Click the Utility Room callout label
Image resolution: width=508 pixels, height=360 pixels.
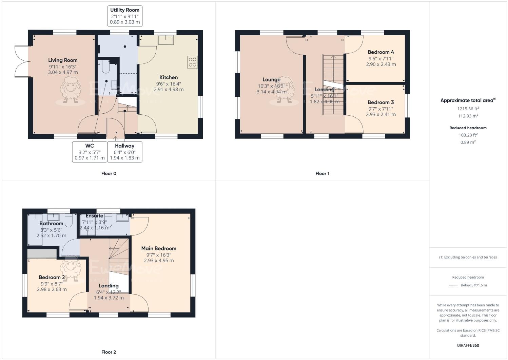pos(124,16)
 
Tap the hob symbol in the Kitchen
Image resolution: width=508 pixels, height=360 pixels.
pos(192,62)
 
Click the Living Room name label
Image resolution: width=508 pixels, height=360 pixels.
pos(63,60)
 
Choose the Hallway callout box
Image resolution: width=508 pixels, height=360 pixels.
pos(124,152)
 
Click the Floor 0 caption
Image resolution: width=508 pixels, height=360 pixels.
pos(109,173)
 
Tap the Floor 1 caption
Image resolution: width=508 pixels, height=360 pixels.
pos(322,173)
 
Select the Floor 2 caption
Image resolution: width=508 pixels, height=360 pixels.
pos(109,352)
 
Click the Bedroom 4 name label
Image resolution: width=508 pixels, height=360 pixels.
pos(381,52)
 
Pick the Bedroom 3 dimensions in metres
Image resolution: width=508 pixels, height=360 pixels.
pos(380,114)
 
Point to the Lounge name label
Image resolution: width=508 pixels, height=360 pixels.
pos(271,79)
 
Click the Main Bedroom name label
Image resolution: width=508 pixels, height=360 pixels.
pos(159,248)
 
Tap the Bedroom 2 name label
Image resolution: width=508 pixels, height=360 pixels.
pos(52,277)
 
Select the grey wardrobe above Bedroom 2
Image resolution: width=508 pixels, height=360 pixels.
pos(42,253)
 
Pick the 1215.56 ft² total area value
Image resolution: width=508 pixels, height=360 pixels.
pos(468,109)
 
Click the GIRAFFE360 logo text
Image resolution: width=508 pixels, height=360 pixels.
pos(468,345)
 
